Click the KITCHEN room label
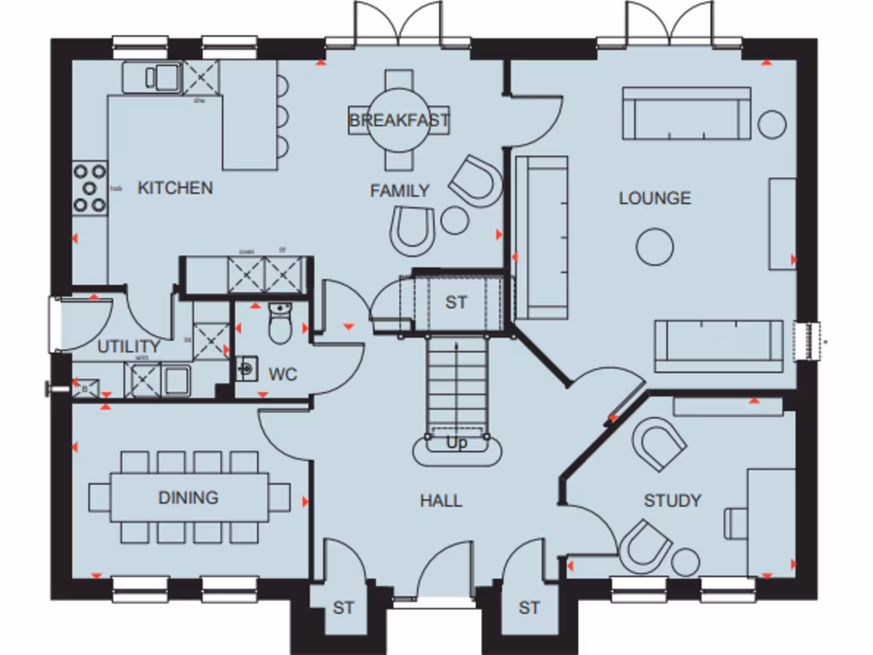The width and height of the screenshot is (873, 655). (175, 188)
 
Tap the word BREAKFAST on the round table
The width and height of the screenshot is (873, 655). (399, 120)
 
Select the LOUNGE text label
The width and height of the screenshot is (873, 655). (655, 198)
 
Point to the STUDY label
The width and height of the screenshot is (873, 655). (673, 501)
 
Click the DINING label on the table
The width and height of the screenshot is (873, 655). (188, 497)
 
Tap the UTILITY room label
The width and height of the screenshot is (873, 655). (129, 346)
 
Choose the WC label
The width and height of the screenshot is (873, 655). (282, 374)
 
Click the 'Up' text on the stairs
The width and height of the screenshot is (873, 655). (457, 443)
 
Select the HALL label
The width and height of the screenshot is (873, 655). (441, 501)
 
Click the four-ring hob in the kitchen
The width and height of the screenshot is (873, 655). (89, 188)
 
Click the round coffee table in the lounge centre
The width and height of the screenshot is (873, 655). (655, 247)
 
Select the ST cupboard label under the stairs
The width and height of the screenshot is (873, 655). (457, 302)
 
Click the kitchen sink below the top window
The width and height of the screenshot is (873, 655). (152, 77)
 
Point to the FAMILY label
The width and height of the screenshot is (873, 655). (399, 191)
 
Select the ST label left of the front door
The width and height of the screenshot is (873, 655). (343, 608)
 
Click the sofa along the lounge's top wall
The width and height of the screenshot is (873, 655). (686, 113)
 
